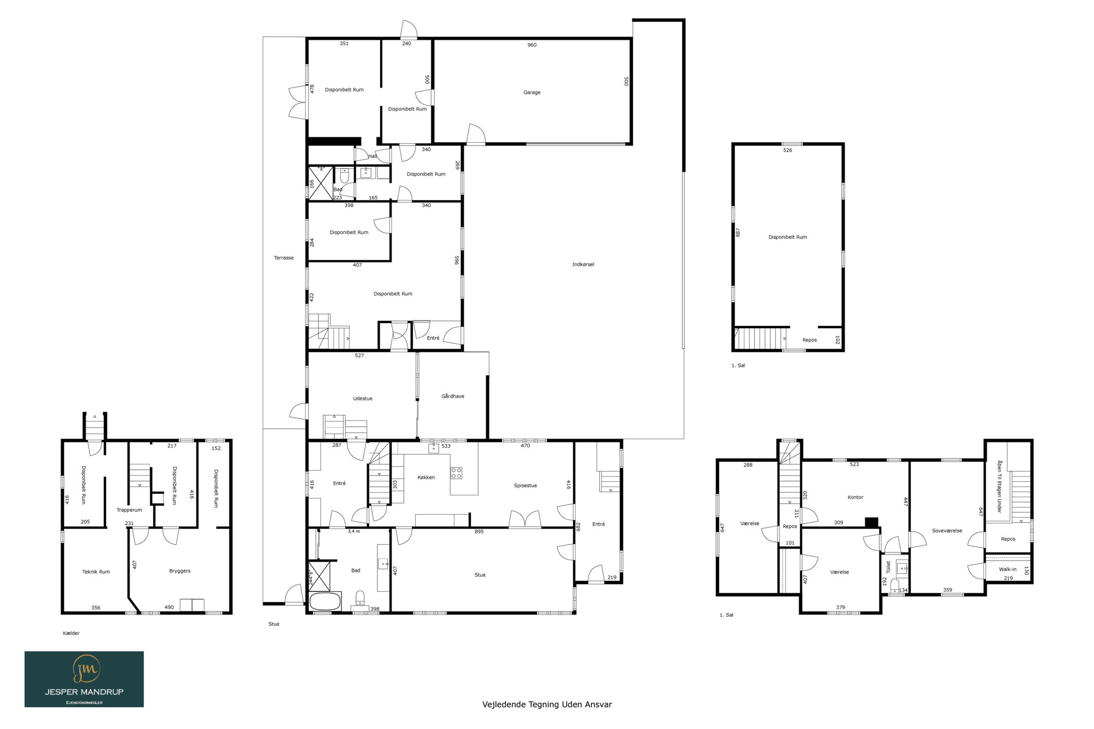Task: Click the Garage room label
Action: click(x=532, y=92)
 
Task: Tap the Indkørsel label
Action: click(x=583, y=265)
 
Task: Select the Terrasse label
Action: click(x=284, y=258)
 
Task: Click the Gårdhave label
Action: click(x=453, y=396)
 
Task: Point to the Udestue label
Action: click(x=363, y=399)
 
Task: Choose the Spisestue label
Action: click(x=525, y=486)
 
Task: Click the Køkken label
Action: click(x=426, y=477)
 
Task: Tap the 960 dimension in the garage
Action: click(x=532, y=45)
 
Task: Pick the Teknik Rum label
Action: click(x=96, y=572)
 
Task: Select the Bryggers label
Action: click(x=180, y=571)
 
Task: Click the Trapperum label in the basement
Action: click(x=129, y=510)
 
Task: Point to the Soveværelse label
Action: click(x=947, y=531)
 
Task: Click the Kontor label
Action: click(x=856, y=498)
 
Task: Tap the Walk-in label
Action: click(x=1008, y=569)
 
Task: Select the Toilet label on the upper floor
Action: click(x=889, y=567)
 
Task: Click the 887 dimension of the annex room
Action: click(x=738, y=232)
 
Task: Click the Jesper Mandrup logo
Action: click(x=84, y=679)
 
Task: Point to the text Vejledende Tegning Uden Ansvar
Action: click(x=547, y=704)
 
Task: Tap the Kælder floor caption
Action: click(x=71, y=633)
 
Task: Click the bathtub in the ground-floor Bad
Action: click(x=325, y=602)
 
